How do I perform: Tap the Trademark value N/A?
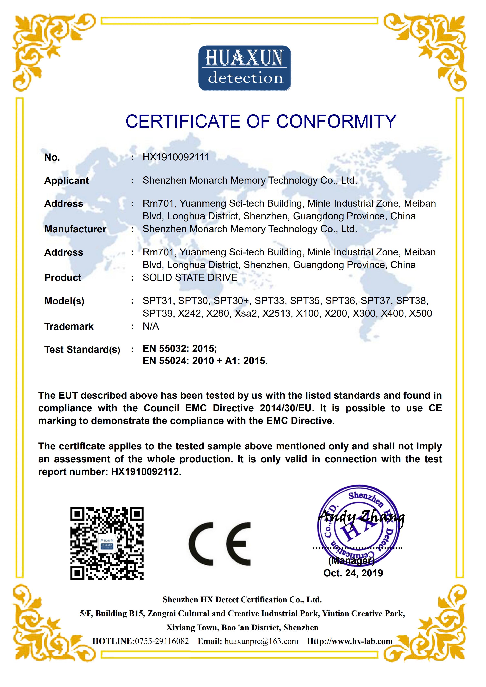[151, 326]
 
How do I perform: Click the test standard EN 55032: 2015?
[180, 348]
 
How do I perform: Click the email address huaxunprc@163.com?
[261, 641]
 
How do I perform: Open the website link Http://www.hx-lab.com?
[349, 641]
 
